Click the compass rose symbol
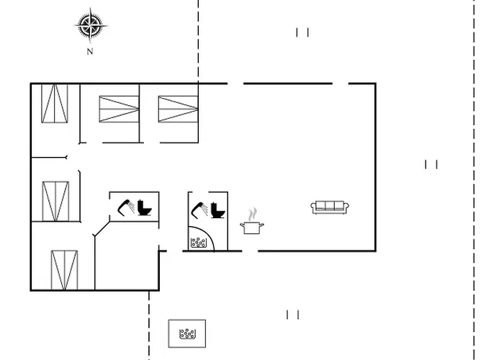pos(91,25)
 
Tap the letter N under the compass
pos(90,51)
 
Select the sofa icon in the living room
pos(330,207)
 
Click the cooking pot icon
pos(252,228)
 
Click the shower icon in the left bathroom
pos(126,207)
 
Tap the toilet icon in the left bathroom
pos(144,207)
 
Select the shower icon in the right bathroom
pos(199,210)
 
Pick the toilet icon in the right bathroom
pos(217,210)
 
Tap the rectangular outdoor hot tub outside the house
pos(187,333)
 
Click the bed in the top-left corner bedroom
pos(55,103)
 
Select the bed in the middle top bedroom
pos(119,109)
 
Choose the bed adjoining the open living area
pos(178,109)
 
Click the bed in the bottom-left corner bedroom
pos(64,270)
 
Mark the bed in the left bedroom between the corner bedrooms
pos(55,201)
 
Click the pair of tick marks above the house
pos(302,32)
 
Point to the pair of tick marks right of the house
pos(431,164)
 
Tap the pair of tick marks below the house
pos(293,315)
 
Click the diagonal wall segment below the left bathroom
pos(102,228)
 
